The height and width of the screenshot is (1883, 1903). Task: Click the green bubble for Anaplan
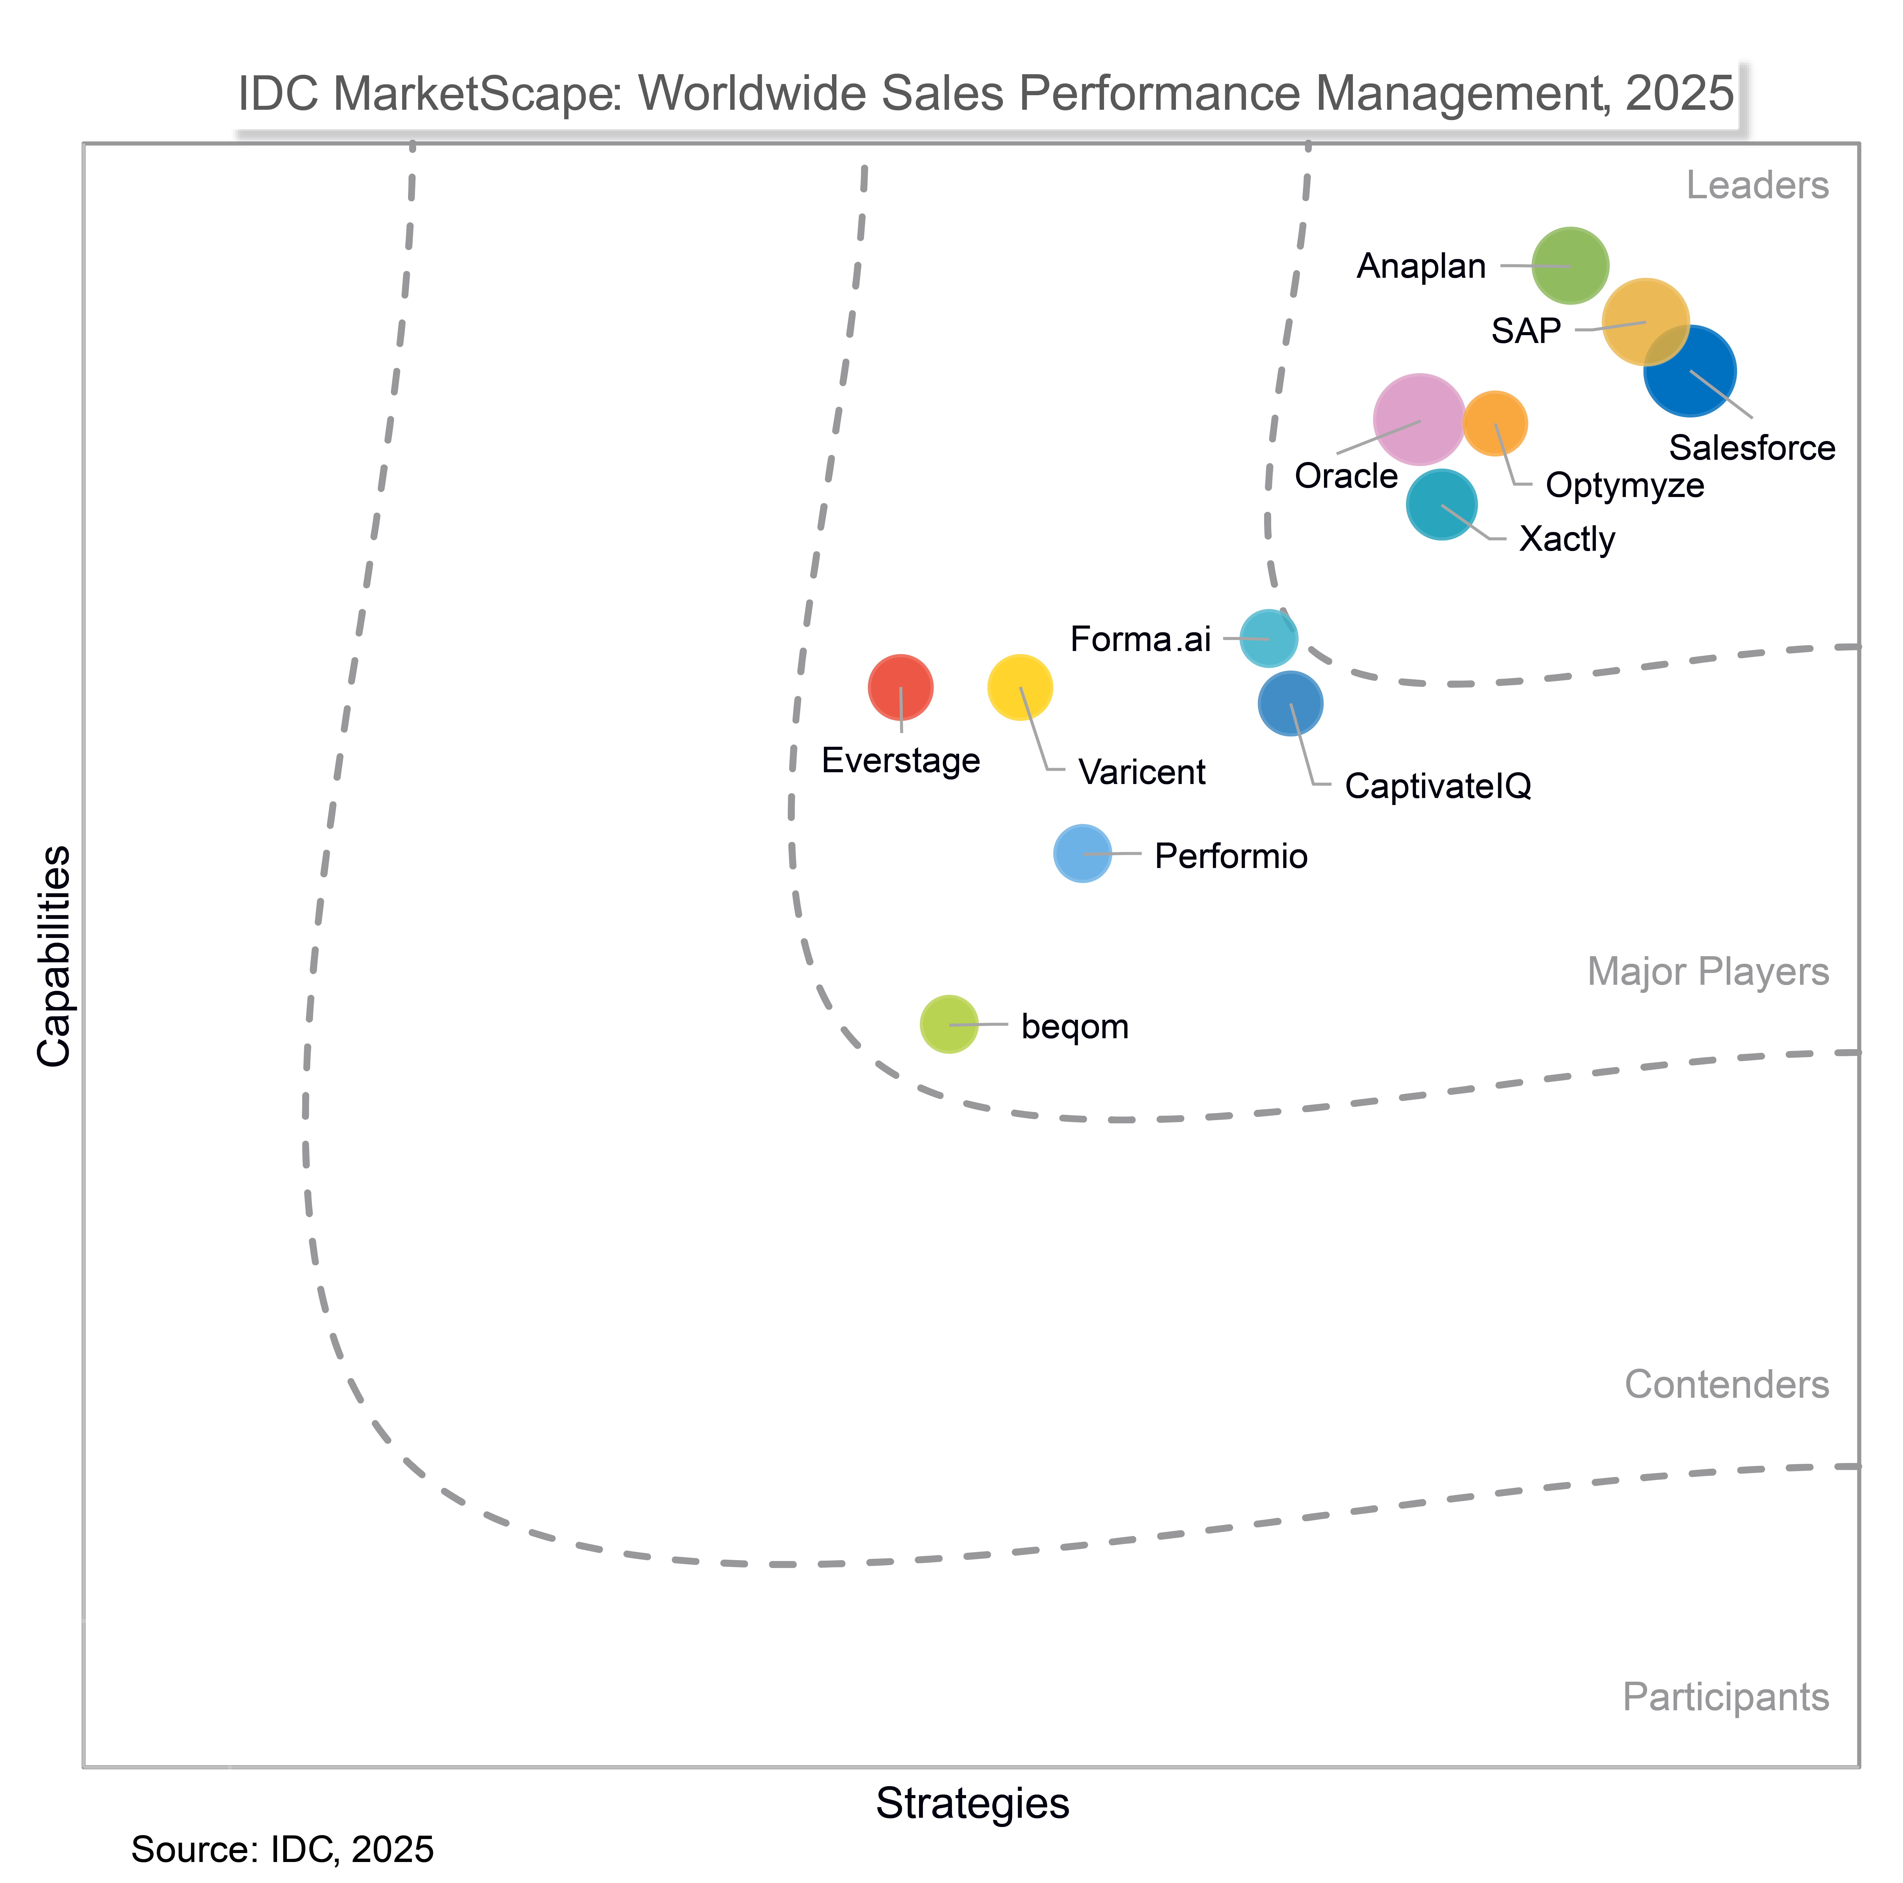click(x=1570, y=265)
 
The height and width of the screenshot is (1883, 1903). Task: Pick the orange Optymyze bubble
click(x=1494, y=423)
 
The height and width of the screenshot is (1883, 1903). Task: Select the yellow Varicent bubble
click(x=1020, y=687)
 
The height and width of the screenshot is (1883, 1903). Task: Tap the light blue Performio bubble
click(x=1082, y=853)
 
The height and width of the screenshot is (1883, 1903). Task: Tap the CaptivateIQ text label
click(x=1437, y=786)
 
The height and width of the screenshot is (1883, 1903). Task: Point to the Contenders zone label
click(x=1726, y=1384)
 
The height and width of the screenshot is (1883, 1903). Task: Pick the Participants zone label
click(x=1725, y=1697)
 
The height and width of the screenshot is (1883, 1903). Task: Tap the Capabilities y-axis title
click(x=54, y=956)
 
